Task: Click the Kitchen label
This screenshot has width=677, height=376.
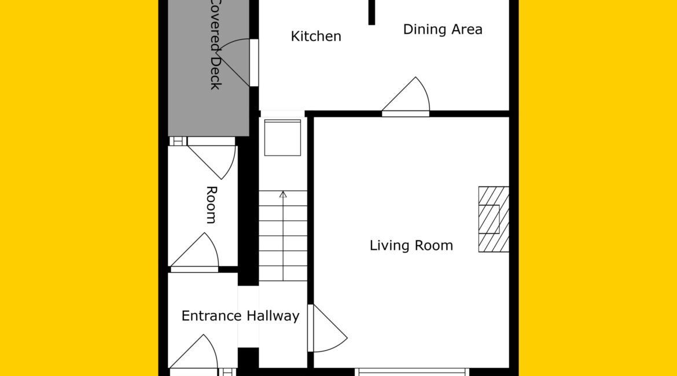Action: (316, 36)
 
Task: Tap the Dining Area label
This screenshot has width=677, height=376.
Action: (443, 30)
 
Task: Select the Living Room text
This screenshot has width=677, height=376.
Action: (411, 246)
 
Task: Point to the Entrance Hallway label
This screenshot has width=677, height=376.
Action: (241, 316)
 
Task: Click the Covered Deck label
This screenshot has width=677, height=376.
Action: (216, 45)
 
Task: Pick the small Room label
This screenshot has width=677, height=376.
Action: (211, 205)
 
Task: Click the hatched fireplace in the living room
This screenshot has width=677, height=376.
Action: (494, 219)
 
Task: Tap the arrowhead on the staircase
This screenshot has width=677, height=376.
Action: (283, 194)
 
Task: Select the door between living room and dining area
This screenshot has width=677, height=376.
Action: (406, 97)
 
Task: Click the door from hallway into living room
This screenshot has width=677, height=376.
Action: (328, 328)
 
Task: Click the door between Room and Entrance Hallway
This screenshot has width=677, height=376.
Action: (194, 253)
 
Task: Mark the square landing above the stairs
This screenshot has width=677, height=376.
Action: (282, 138)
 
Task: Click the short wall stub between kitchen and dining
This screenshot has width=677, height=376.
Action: (371, 12)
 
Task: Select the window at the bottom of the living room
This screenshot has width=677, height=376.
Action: (412, 372)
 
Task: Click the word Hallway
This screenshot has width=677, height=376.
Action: (273, 316)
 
